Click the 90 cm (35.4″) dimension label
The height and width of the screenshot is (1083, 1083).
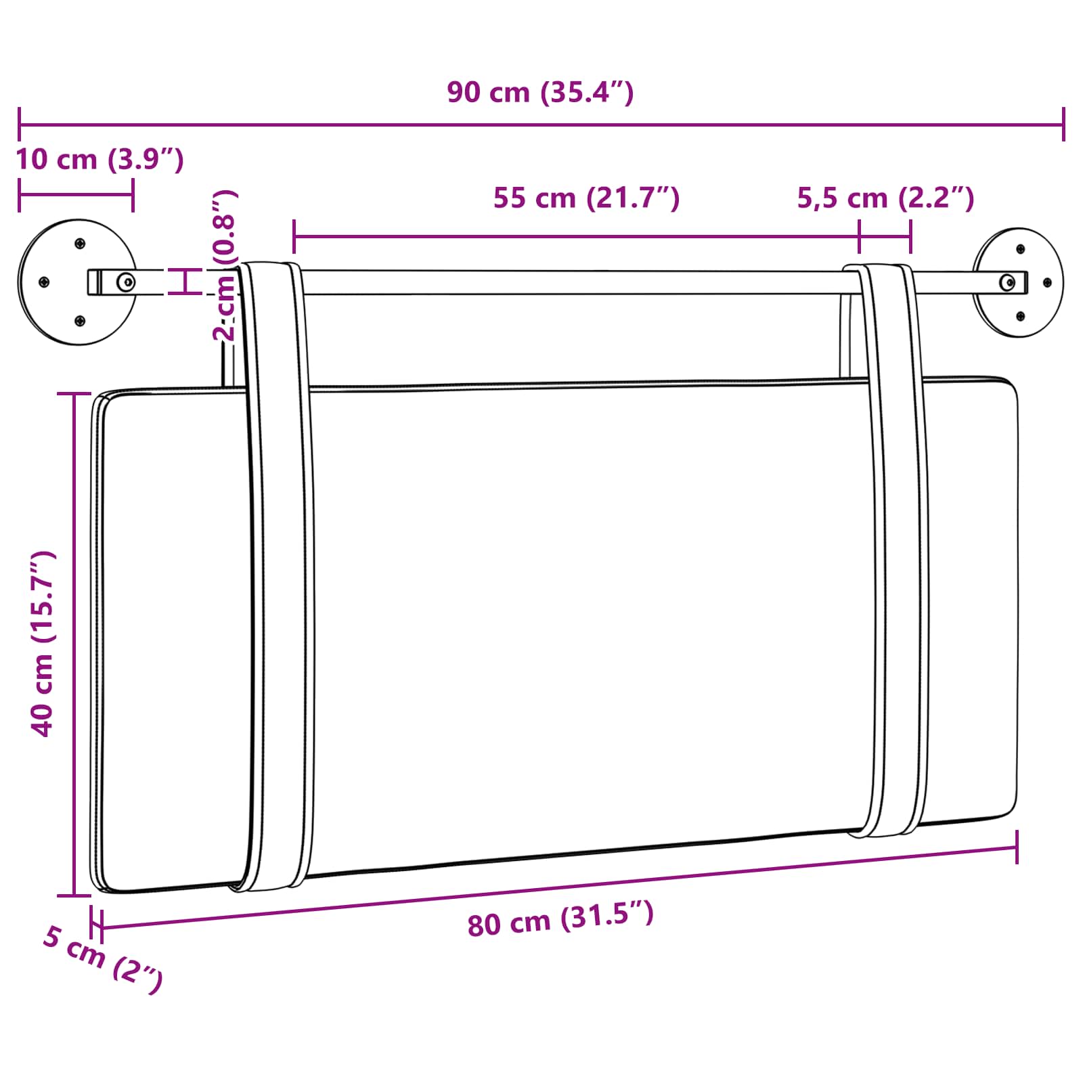coord(540,93)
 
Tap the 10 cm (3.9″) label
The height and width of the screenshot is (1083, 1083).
coord(100,160)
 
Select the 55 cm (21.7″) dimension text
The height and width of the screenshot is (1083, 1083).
coord(586,198)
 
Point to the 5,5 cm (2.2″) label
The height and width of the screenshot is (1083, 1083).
coord(885,198)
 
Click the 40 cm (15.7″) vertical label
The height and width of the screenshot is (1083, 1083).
coord(42,643)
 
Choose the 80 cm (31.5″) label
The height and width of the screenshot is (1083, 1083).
coord(560,919)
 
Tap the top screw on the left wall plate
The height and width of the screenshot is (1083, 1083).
coord(80,243)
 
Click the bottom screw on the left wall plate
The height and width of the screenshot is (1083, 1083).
coord(80,321)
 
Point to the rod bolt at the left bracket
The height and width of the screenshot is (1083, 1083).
coord(125,282)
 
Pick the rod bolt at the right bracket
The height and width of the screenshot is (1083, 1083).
coord(1007,282)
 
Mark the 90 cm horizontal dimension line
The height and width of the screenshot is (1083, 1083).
coord(541,125)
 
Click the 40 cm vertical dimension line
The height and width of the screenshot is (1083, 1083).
coord(73,643)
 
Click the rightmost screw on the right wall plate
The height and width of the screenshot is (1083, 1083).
coord(1047,282)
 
